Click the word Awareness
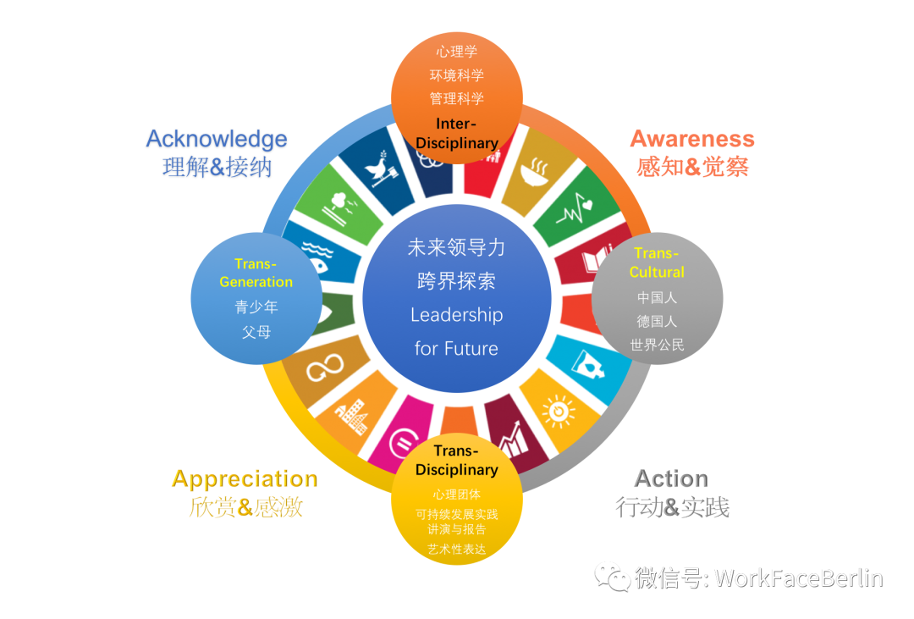[691, 139]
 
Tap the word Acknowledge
[217, 139]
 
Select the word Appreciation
[244, 479]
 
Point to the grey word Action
[671, 479]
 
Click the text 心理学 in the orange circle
[457, 52]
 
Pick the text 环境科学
[457, 75]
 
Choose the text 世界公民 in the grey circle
[657, 345]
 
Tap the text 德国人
[657, 322]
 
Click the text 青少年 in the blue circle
[256, 307]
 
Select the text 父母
[256, 332]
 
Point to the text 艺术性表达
[457, 549]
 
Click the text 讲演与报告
[457, 529]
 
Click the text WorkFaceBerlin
[798, 578]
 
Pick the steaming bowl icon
[532, 172]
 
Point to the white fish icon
[317, 260]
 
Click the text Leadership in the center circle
[456, 315]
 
